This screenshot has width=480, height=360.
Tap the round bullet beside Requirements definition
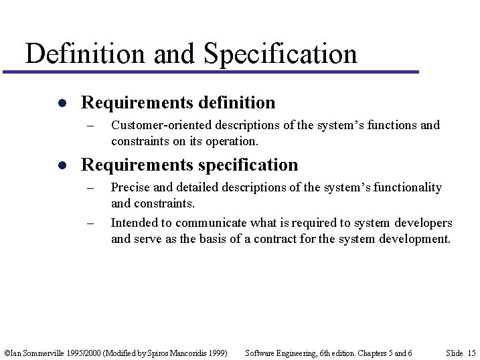point(60,104)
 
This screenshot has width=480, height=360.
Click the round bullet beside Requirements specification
point(60,166)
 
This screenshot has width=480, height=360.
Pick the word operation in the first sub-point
point(236,141)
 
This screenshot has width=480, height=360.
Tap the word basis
point(214,239)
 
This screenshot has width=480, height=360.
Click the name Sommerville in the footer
point(41,353)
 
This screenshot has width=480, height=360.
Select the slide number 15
point(471,353)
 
